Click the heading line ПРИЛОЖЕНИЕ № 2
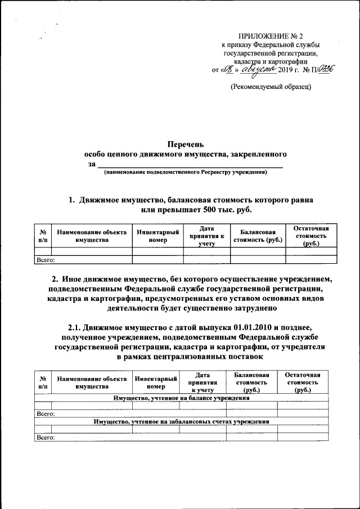tap(271, 35)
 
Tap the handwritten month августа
tap(256, 69)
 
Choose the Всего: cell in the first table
tap(45, 260)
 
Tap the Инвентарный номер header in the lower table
tap(156, 382)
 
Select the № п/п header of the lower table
tap(43, 382)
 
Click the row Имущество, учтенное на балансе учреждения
tap(181, 398)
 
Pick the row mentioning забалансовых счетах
tap(181, 421)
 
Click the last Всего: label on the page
tap(45, 437)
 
